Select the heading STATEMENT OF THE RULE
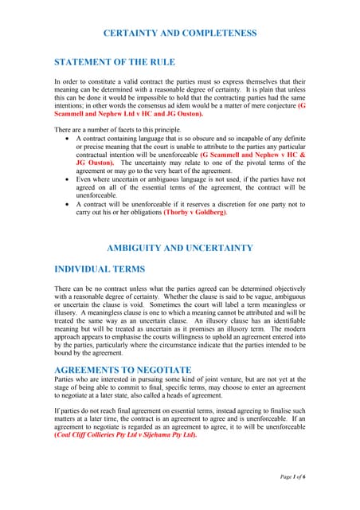tap(114, 61)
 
